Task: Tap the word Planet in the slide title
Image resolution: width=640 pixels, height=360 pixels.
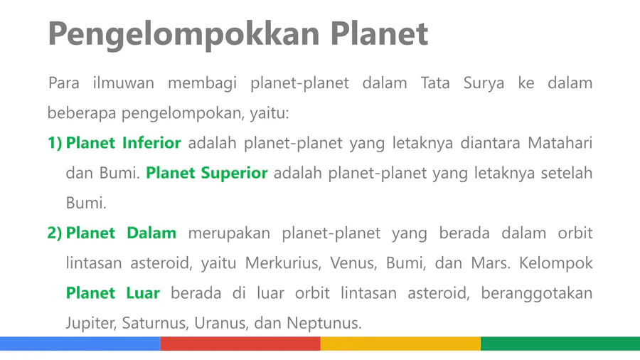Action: coord(379,33)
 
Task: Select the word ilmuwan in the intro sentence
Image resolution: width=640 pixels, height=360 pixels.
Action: coord(123,83)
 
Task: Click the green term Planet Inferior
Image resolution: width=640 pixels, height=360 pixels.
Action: coord(123,143)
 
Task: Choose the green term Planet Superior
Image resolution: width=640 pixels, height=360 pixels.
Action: coord(206,174)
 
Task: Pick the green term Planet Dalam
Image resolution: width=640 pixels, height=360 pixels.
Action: coord(121,233)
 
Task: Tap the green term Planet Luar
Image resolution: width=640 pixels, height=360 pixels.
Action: coord(112,292)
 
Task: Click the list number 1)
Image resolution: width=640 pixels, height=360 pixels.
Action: coord(55,143)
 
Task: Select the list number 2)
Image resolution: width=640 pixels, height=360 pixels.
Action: coord(55,233)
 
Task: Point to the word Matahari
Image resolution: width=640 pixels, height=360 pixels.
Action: coord(560,143)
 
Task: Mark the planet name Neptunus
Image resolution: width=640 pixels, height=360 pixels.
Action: coord(324,323)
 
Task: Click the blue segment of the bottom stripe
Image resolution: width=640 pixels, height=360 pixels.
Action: coord(80,344)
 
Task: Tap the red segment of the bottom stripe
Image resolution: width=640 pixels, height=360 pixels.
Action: coord(240,344)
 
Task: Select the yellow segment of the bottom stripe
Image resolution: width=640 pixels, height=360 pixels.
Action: coord(401,344)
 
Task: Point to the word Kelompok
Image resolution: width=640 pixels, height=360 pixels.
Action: coord(555,263)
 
